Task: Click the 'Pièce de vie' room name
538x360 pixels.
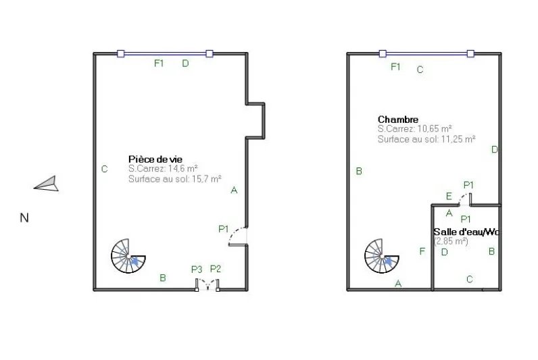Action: coord(155,159)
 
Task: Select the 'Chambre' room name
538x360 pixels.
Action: coord(398,120)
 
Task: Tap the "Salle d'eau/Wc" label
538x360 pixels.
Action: coord(466,232)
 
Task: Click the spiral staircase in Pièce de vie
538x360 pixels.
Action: coord(128,256)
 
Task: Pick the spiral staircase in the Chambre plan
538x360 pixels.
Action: coord(381,256)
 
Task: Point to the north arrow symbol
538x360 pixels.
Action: coord(47,184)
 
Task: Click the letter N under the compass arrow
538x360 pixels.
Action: coord(24,217)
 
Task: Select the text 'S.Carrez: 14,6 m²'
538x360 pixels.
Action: coord(163,169)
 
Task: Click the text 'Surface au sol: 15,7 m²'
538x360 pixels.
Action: coord(174,178)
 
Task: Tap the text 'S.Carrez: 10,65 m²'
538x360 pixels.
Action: coord(414,129)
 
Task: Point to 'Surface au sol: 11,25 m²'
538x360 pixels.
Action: coord(426,139)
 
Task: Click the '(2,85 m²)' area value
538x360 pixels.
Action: coord(451,241)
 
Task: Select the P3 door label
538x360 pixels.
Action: coord(197,269)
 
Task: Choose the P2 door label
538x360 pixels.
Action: coord(216,269)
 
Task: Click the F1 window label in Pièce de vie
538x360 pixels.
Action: coord(159,63)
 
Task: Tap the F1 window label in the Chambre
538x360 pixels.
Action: coord(395,66)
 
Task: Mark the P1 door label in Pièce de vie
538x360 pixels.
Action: coord(223,229)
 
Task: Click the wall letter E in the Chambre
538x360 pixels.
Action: coord(449,196)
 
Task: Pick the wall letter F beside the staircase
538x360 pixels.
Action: coord(422,251)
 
